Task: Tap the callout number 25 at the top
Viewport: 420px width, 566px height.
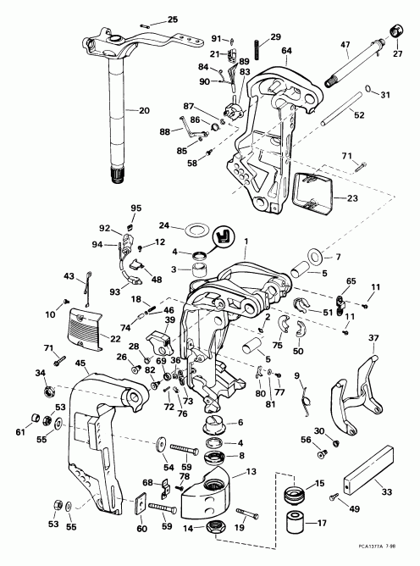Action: (173, 19)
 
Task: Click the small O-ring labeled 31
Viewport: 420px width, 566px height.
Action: (372, 92)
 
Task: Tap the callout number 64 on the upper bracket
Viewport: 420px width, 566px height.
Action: (286, 50)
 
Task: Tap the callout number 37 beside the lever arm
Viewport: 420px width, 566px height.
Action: (373, 339)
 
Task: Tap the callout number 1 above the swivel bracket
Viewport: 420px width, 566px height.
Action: (246, 242)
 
